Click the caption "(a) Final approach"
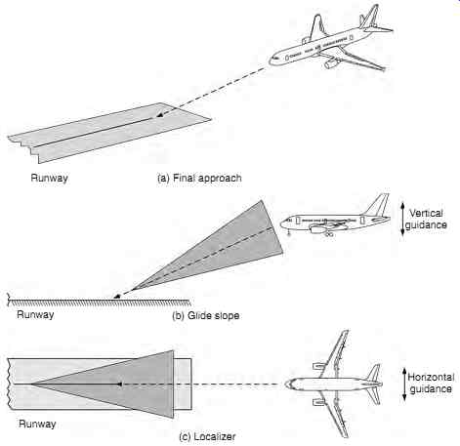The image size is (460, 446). [199, 178]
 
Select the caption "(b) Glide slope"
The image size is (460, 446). [206, 315]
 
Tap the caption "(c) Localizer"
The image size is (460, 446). [207, 436]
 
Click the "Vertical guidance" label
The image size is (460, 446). [426, 219]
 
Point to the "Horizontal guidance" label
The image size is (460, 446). [431, 383]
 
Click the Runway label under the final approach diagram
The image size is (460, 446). [49, 178]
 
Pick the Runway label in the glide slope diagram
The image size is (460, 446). [35, 314]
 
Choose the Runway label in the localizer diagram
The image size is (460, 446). [37, 424]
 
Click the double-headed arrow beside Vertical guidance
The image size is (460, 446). [402, 219]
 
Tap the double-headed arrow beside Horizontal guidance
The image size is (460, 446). [404, 384]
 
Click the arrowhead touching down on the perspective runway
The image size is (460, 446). [159, 115]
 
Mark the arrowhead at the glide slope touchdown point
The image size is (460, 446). [117, 296]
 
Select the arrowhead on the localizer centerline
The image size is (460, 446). [119, 385]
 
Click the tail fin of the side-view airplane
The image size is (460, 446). [378, 204]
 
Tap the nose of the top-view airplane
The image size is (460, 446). [288, 385]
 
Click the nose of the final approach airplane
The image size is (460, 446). [272, 61]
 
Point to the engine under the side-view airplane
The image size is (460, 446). [318, 229]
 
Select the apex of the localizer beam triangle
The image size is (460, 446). [31, 385]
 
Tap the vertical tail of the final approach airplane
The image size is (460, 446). [369, 17]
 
